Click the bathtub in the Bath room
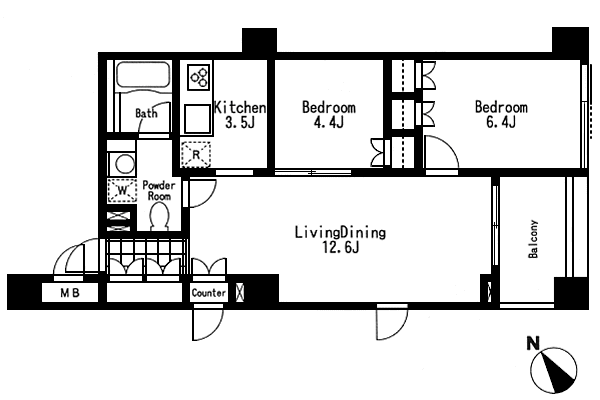click(143, 75)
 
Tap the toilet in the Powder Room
click(159, 216)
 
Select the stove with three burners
click(199, 77)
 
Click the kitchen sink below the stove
click(197, 118)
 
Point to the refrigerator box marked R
click(196, 154)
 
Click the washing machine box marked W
click(122, 190)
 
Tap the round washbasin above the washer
click(124, 164)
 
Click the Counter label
click(209, 293)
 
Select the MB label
click(70, 293)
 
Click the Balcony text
click(533, 239)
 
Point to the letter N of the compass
click(533, 343)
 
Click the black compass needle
click(558, 371)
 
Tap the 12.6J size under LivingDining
click(340, 248)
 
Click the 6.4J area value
click(501, 122)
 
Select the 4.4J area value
click(328, 122)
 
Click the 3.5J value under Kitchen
click(240, 122)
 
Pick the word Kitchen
click(240, 108)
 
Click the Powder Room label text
click(159, 191)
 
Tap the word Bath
click(146, 113)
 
